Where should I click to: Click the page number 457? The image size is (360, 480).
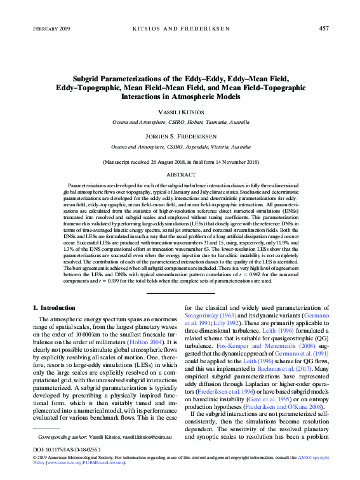(323, 29)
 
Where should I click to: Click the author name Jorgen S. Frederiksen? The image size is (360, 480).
(180, 137)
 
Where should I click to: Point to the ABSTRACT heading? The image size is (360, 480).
(180, 173)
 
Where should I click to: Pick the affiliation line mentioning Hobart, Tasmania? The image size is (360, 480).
(180, 121)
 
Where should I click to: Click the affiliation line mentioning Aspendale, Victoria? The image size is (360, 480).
(180, 147)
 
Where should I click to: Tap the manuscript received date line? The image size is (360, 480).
(180, 163)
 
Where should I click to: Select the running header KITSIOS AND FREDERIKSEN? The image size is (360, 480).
(180, 29)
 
